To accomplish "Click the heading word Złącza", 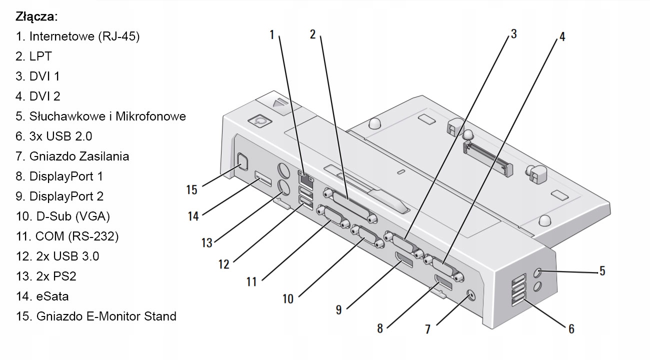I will coord(36,16).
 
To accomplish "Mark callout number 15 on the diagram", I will coord(191,190).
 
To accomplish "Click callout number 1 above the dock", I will coord(272,34).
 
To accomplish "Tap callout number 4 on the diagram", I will coord(562,36).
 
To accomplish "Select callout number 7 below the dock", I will coord(427,329).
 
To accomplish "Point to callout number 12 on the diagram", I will coord(223,263).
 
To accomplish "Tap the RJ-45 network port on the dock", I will coord(304,176).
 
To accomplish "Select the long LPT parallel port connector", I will coord(350,205).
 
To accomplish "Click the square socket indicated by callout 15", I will coord(242,161).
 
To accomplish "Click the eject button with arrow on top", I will coord(278,102).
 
